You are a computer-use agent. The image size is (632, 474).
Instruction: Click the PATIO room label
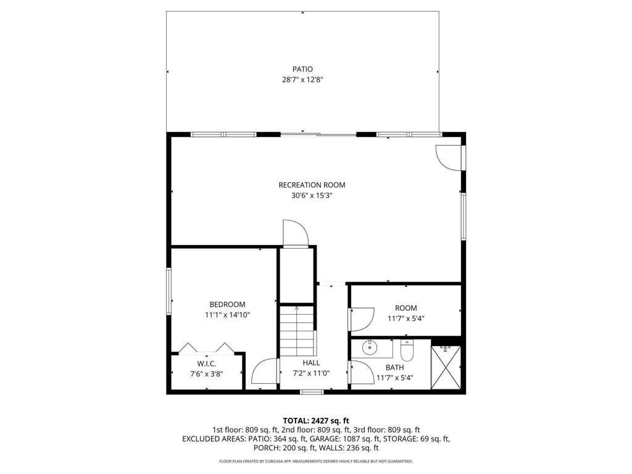coord(302,69)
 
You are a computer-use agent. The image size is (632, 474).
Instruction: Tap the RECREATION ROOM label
coord(312,185)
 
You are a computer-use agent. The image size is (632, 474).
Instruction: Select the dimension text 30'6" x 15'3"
coord(312,196)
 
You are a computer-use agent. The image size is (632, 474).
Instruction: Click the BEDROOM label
coord(227,304)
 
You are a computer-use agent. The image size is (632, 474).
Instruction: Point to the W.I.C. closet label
coord(206,364)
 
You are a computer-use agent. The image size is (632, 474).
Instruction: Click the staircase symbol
coord(297,331)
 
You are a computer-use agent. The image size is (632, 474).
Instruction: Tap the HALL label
coord(311,363)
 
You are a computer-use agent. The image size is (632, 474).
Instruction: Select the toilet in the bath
coord(407,351)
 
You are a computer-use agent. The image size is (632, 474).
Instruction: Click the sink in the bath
coord(369,347)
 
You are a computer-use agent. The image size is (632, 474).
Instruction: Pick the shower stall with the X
coord(446,367)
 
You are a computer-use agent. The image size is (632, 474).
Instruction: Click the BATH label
coord(394,368)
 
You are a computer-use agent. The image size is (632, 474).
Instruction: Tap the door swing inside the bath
coord(362,372)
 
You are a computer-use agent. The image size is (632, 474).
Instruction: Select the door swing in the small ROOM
coord(362,319)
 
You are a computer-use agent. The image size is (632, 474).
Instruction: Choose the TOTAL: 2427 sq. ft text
coord(316,421)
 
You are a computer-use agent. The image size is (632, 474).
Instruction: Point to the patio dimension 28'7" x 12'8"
coord(302,80)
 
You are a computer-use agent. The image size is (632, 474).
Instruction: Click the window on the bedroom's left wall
coord(169,291)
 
